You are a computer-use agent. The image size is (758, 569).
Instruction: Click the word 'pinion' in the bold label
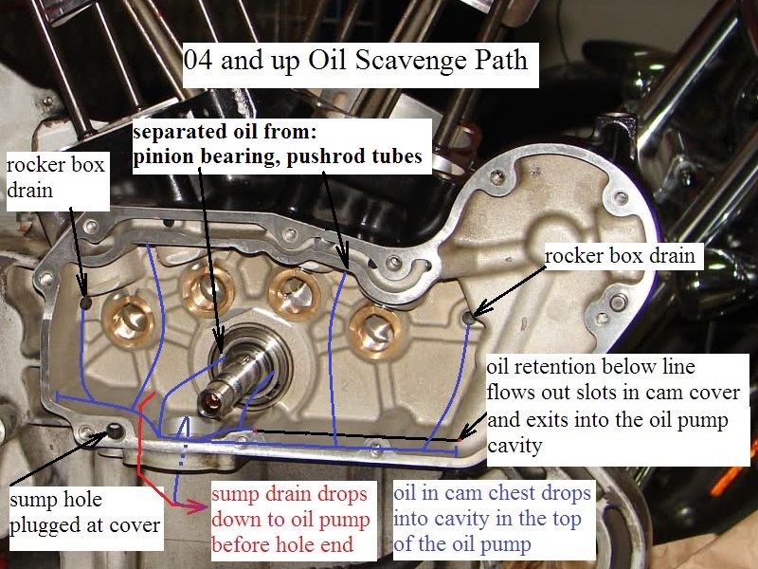click(160, 157)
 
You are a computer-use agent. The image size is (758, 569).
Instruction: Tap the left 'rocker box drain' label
click(56, 178)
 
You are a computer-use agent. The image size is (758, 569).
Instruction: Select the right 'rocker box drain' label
click(622, 256)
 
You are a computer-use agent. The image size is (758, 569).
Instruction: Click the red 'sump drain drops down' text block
click(293, 520)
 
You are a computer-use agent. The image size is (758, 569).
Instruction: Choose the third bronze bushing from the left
click(288, 289)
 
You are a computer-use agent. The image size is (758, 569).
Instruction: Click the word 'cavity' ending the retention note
click(520, 443)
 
